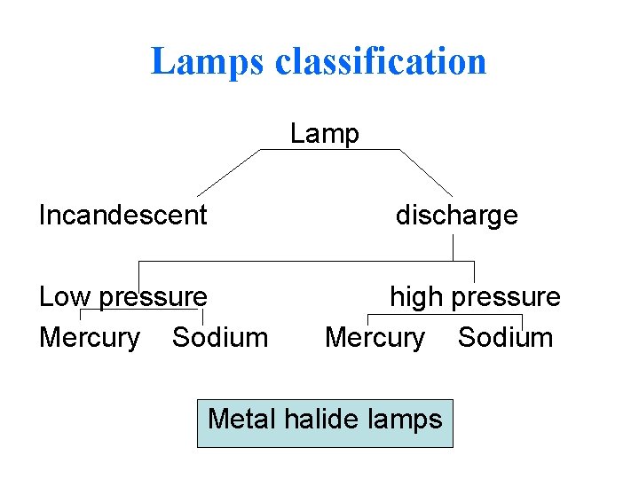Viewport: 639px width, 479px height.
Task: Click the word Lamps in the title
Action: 208,62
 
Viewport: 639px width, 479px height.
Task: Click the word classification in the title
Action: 382,62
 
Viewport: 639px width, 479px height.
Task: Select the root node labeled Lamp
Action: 325,134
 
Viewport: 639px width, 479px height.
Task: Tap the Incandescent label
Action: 123,215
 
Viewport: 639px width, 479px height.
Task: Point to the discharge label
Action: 456,215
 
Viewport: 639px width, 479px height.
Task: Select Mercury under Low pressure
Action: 90,337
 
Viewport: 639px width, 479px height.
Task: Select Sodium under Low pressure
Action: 220,337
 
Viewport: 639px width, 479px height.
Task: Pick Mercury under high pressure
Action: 375,337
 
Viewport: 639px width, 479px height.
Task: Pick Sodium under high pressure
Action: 506,337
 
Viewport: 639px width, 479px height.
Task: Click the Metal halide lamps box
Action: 325,423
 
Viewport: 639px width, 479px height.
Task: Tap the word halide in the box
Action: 324,418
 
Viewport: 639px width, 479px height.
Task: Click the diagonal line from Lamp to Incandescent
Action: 228,172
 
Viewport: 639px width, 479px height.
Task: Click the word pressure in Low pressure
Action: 154,296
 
